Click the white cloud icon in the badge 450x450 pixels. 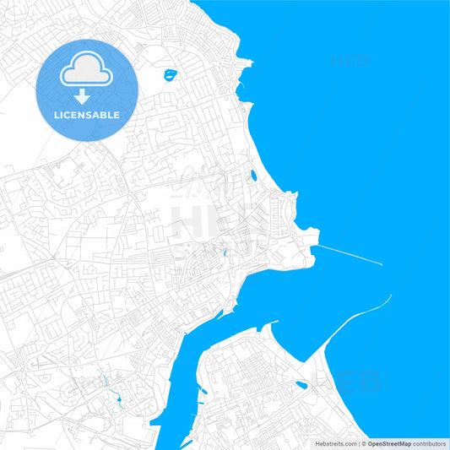[x=86, y=73]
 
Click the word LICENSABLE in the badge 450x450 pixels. [x=86, y=115]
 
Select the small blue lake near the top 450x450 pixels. [x=171, y=74]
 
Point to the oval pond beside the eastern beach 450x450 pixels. [x=252, y=176]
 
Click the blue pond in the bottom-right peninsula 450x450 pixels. [x=301, y=385]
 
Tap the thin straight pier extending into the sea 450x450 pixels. [x=350, y=255]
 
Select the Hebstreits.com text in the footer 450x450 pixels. [x=336, y=443]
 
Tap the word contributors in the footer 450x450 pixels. [x=430, y=443]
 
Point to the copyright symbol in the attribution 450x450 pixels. [x=363, y=443]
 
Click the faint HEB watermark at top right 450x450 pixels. [x=349, y=61]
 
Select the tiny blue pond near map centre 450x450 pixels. [x=225, y=254]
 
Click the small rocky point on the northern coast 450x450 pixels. [x=246, y=62]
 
